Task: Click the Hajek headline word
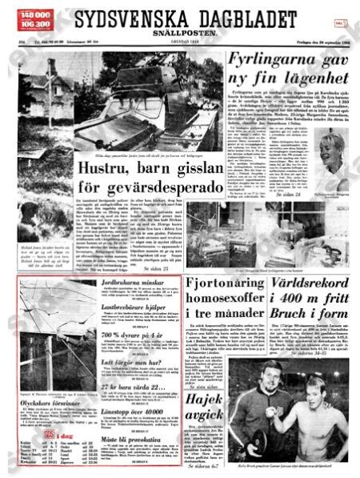210,399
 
